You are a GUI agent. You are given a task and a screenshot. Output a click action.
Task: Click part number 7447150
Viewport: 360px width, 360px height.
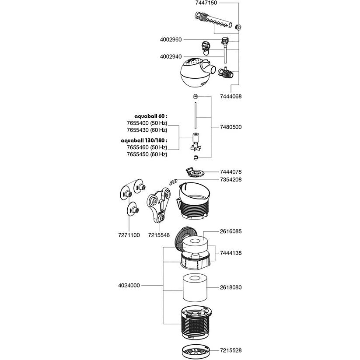(x=206, y=3)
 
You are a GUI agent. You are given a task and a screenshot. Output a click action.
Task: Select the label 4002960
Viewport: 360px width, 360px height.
(x=171, y=40)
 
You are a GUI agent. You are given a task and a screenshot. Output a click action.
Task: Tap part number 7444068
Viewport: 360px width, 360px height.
(x=231, y=96)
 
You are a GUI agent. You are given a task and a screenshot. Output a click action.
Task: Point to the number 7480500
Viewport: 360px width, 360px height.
(x=231, y=127)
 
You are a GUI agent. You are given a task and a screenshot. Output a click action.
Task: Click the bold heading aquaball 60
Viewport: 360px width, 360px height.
(x=151, y=116)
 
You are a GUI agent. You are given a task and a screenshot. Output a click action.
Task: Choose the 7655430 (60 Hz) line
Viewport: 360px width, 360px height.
(x=147, y=130)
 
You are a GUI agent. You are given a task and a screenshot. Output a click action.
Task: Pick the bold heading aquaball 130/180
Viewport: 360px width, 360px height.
(x=144, y=140)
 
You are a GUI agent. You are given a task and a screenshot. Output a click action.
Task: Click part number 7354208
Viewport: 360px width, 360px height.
(x=231, y=179)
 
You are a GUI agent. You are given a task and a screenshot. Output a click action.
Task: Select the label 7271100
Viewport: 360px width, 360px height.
(x=129, y=235)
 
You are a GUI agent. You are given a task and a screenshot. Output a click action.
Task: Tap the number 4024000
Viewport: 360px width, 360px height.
(x=129, y=286)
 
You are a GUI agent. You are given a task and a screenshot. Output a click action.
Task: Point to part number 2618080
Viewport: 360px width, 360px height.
(x=231, y=287)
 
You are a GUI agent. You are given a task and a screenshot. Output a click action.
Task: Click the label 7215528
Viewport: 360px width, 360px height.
(x=231, y=350)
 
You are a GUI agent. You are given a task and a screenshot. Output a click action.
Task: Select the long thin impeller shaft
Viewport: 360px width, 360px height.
(x=196, y=116)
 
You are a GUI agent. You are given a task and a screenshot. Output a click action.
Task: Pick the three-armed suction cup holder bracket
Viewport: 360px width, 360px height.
(x=159, y=205)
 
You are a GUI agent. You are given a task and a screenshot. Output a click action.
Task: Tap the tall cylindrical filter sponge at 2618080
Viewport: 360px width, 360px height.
(x=195, y=288)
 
